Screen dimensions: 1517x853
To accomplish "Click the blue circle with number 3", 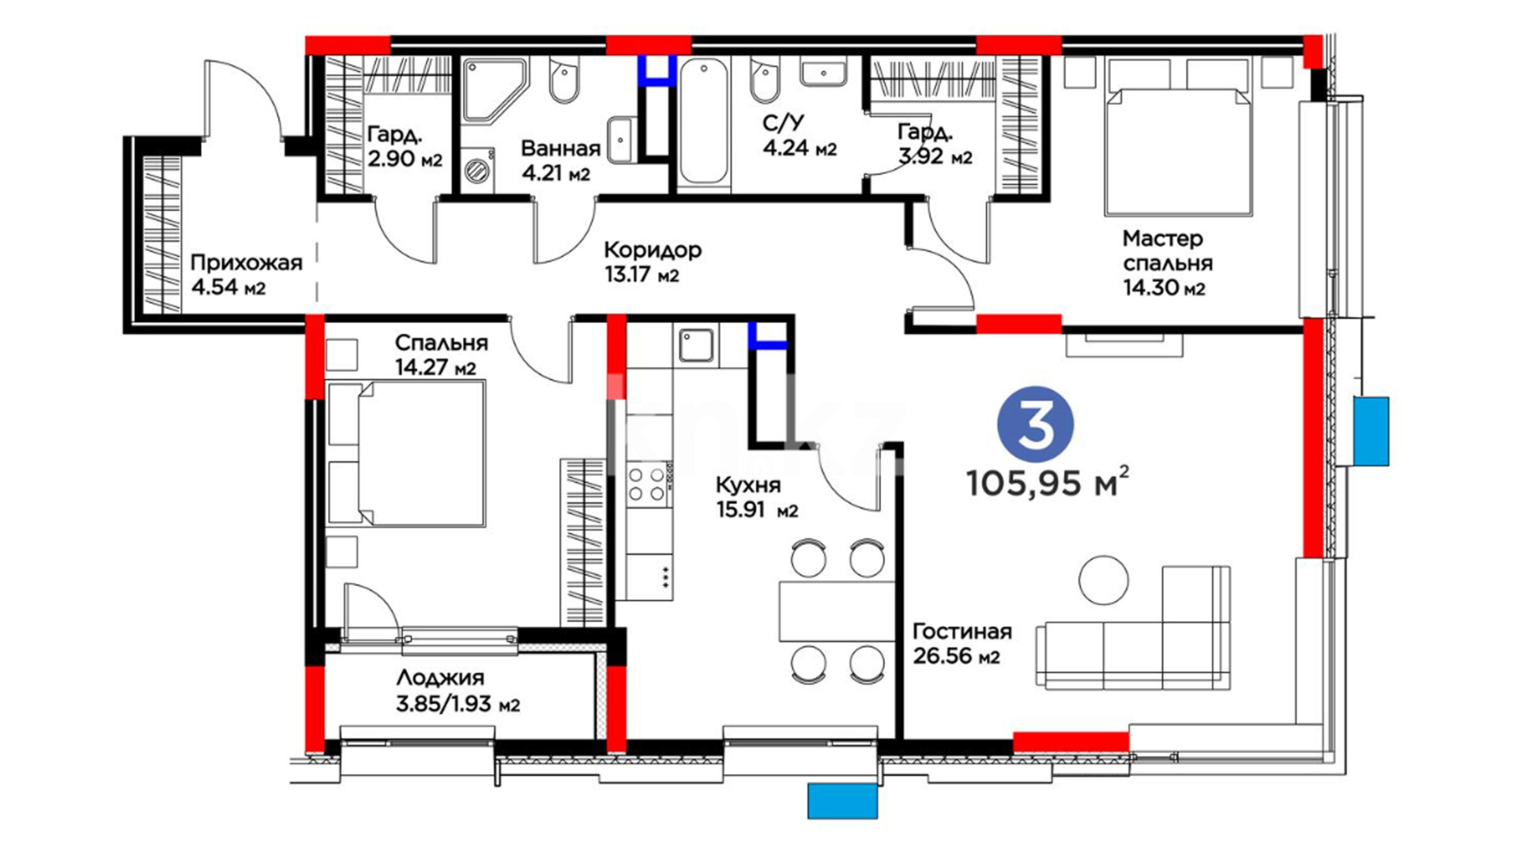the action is tap(1035, 425).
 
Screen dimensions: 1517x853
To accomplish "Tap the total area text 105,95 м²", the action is tap(1048, 482).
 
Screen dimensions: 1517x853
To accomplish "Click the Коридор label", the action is tap(653, 250).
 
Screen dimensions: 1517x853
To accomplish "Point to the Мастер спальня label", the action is tap(1167, 263).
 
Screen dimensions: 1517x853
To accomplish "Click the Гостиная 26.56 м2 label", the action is tap(962, 644).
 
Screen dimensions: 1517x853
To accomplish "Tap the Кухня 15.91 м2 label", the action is tap(756, 497).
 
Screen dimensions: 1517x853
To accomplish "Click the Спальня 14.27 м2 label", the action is tap(441, 355).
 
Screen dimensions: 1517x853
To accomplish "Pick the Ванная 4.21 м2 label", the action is tap(560, 160).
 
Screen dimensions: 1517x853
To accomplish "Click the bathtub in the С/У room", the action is tap(703, 122).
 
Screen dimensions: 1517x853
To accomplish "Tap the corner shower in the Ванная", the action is tap(494, 90).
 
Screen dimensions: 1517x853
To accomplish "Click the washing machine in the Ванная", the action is tap(477, 169).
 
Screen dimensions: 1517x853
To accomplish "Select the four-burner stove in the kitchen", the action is tap(646, 484).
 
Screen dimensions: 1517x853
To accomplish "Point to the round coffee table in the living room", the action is tap(1104, 580).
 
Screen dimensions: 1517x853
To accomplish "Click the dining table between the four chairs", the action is tap(837, 611).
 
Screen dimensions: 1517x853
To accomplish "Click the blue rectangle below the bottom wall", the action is tap(842, 801).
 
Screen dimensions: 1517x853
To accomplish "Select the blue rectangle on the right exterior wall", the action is tap(1371, 431).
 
